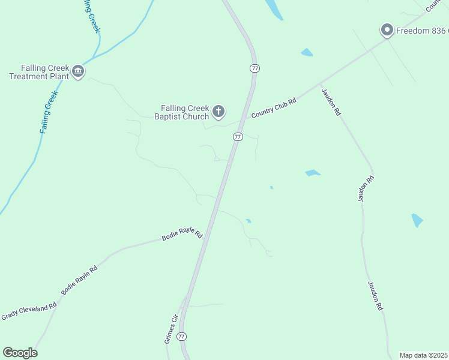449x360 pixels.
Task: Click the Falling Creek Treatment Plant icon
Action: click(x=77, y=72)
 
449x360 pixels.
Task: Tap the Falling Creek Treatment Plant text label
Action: click(x=37, y=72)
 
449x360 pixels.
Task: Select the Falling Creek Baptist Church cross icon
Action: click(x=218, y=110)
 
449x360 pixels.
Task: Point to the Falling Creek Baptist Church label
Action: click(x=181, y=112)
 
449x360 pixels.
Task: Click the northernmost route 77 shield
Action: click(x=255, y=68)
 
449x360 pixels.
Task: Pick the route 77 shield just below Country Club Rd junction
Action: click(x=238, y=137)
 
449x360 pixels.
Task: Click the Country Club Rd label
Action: click(x=274, y=109)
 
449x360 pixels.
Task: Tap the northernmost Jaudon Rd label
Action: click(x=331, y=103)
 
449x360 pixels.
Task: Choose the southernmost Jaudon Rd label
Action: click(x=375, y=296)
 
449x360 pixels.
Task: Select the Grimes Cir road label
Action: click(x=172, y=329)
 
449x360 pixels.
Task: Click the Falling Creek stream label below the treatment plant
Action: click(x=49, y=112)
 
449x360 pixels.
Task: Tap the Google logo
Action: click(x=20, y=353)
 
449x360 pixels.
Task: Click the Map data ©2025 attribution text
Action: click(x=423, y=355)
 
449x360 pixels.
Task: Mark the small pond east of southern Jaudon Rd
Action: click(x=417, y=220)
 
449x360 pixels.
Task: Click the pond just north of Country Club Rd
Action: click(x=307, y=53)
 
